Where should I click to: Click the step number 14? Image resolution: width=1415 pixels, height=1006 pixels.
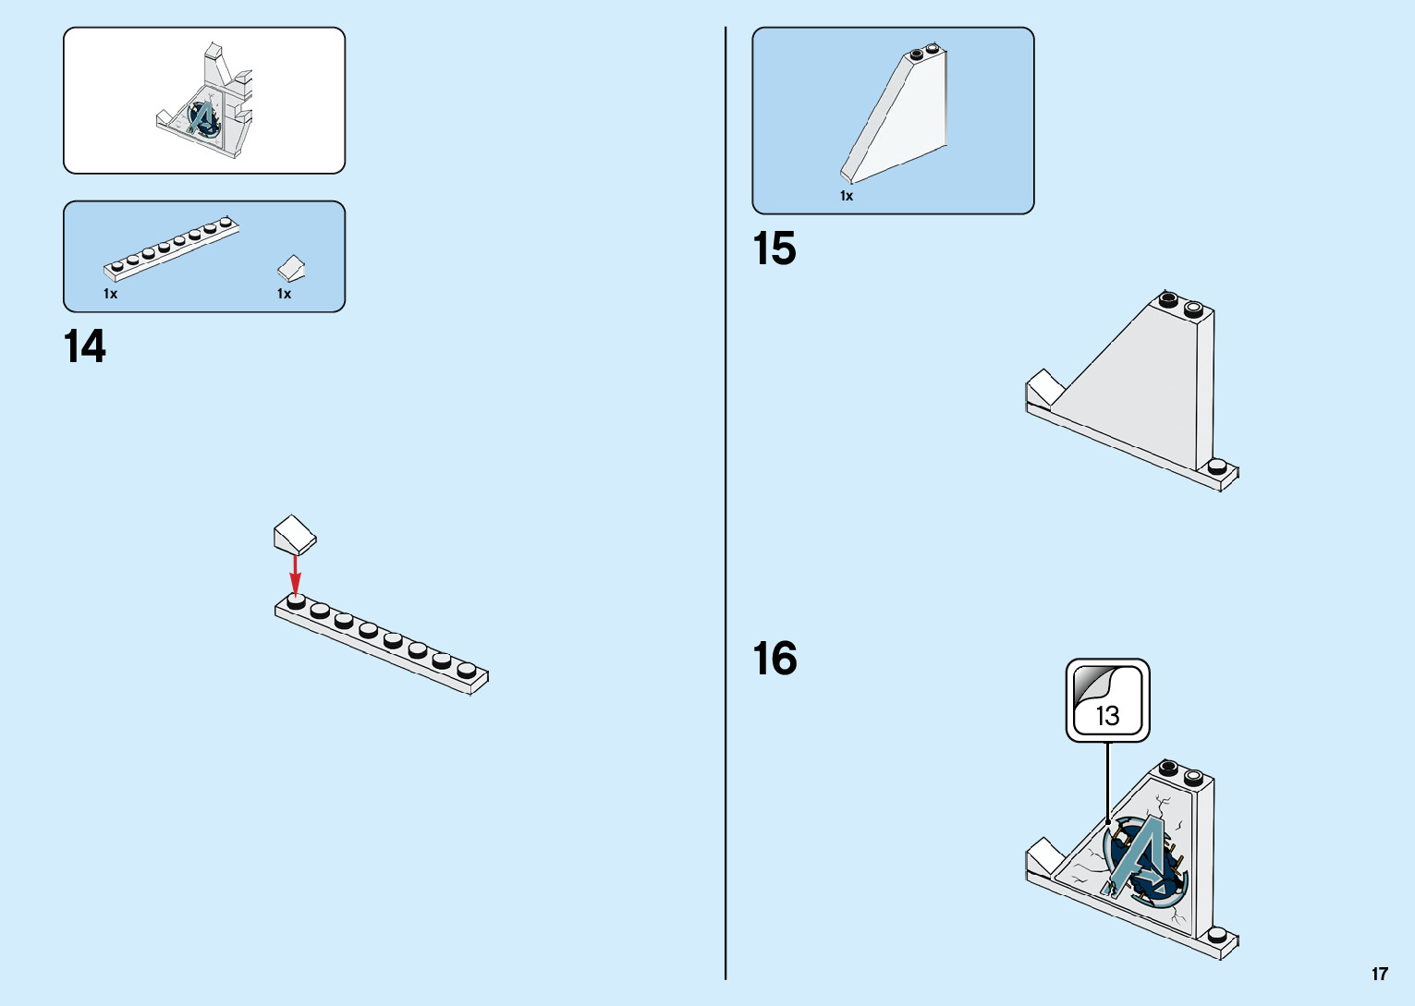[x=85, y=347]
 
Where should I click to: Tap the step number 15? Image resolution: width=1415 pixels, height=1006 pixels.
[x=774, y=249]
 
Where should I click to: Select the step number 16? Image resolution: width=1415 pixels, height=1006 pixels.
[x=774, y=660]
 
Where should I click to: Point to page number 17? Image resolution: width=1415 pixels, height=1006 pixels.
[x=1379, y=974]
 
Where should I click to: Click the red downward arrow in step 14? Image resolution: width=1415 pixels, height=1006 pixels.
[x=296, y=575]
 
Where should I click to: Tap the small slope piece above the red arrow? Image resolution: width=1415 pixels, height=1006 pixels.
[x=295, y=533]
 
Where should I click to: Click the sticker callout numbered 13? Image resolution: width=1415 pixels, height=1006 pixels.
[x=1107, y=700]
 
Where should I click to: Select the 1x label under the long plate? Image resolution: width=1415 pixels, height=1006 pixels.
[x=110, y=294]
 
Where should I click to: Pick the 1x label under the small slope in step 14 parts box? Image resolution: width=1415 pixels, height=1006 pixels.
[x=284, y=294]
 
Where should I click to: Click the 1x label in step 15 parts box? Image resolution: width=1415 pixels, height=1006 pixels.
[x=847, y=196]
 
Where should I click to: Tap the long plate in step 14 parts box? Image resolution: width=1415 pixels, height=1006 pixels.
[x=171, y=248]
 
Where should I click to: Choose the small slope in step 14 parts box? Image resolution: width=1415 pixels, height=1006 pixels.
[x=292, y=268]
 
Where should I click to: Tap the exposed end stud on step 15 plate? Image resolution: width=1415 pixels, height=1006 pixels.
[x=1218, y=467]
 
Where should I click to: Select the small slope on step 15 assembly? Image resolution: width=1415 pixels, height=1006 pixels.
[x=1045, y=387]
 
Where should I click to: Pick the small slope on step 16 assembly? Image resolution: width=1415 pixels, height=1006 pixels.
[x=1045, y=855]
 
